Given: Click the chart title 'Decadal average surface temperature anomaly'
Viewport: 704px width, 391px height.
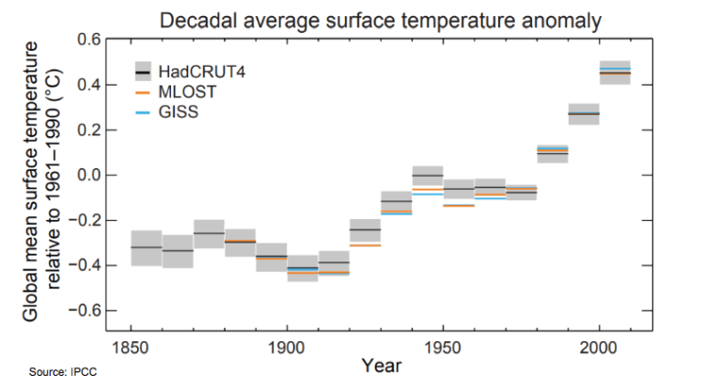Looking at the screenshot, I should point(380,19).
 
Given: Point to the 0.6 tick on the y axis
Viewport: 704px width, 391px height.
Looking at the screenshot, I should point(88,39).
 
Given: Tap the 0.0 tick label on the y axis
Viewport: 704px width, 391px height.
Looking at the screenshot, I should point(88,175).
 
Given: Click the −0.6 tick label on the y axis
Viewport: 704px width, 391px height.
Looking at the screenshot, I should point(85,310).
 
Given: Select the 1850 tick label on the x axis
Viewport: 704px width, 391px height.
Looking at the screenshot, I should point(131,348).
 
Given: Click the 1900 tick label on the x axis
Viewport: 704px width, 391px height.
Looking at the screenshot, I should point(287,348).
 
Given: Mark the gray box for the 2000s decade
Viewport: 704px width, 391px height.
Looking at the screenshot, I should point(615,72).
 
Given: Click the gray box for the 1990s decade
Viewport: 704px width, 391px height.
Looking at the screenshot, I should point(584,114).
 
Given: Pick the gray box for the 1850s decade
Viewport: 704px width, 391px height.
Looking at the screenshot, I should point(146,247).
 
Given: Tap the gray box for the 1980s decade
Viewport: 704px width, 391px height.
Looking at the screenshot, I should point(553,153).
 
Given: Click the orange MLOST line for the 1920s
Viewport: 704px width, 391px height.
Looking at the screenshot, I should point(365,244).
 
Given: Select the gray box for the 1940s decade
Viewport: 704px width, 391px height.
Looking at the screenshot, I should point(428,176).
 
